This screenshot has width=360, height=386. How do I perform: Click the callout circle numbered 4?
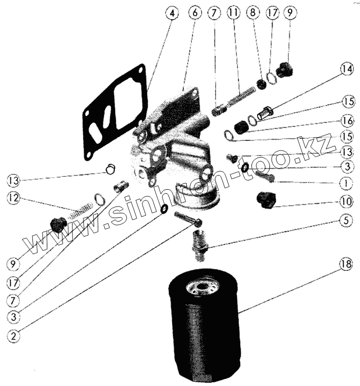pos(173,13)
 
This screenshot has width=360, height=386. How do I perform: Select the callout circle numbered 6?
pos(195,13)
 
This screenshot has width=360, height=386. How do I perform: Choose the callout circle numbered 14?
pos(346,68)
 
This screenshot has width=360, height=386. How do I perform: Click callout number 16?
pos(346,120)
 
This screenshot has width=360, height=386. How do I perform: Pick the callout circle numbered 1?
pos(346,182)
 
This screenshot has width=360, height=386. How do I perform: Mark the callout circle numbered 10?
pos(346,201)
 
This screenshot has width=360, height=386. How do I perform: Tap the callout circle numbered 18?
pos(346,265)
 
